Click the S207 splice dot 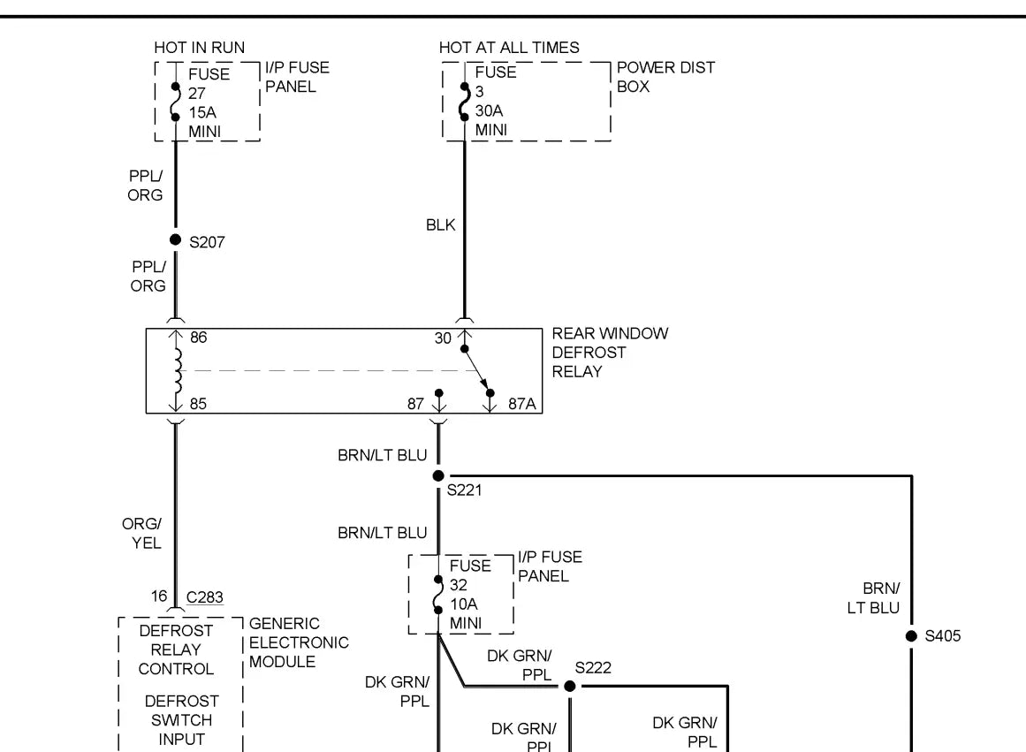click(x=175, y=240)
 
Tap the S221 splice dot click(x=438, y=475)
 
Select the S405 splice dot click(x=911, y=636)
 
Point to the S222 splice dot click(x=570, y=686)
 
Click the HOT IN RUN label click(x=199, y=48)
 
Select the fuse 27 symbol click(x=175, y=103)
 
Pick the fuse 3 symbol click(x=463, y=102)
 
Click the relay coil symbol click(x=177, y=370)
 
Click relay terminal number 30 click(x=443, y=338)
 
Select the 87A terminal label click(x=521, y=405)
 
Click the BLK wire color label click(x=440, y=225)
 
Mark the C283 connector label click(x=204, y=597)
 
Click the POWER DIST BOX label click(x=665, y=77)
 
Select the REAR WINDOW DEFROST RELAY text click(x=610, y=353)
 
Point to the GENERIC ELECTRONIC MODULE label click(x=299, y=642)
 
